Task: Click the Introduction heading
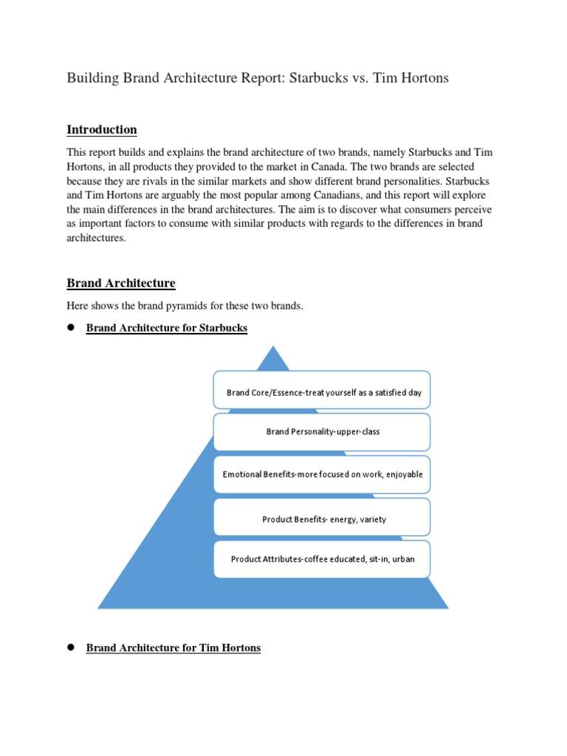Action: tap(102, 130)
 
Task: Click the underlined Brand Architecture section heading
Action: tap(121, 283)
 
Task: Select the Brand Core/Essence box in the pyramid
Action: tap(321, 390)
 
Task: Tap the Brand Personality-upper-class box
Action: tap(321, 432)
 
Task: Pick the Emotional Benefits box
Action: tap(321, 475)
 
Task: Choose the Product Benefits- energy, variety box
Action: tap(321, 517)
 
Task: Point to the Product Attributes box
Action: tap(321, 559)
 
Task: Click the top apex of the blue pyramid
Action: tap(275, 349)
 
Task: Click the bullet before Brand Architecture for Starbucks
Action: tap(72, 327)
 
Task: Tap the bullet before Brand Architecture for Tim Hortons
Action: tap(72, 647)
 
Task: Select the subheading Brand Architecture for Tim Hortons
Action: tap(173, 648)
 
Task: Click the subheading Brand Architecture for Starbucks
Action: tap(167, 328)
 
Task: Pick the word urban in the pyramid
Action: tap(403, 559)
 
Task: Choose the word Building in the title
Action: tap(91, 78)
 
